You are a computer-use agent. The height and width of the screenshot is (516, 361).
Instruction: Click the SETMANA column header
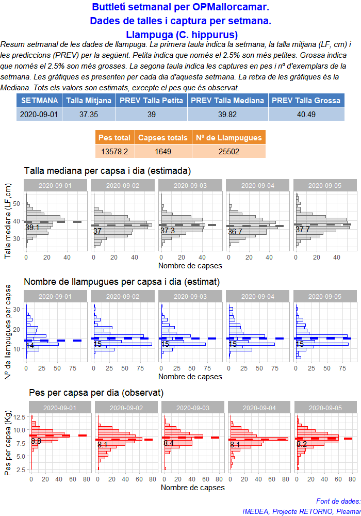[39, 100]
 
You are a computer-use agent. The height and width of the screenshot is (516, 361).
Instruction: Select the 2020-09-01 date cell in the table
[39, 114]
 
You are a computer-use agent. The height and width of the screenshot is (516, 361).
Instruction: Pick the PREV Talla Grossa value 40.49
[306, 114]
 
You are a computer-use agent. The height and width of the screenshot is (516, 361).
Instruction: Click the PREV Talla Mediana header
[228, 100]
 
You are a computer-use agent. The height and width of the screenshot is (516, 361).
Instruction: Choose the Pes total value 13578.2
[114, 151]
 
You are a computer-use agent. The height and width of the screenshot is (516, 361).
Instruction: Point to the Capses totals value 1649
[163, 151]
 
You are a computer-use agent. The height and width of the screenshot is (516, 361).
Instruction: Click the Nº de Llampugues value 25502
[229, 151]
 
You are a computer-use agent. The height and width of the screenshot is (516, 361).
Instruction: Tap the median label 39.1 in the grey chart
[32, 228]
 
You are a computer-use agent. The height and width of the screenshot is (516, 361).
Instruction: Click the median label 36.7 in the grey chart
[235, 232]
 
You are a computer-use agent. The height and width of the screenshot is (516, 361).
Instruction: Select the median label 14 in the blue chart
[30, 346]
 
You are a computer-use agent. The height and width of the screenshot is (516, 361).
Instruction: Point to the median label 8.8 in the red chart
[36, 441]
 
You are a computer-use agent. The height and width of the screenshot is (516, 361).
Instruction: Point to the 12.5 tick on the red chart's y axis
[19, 417]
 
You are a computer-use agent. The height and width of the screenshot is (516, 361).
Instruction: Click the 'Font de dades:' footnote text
[338, 501]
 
